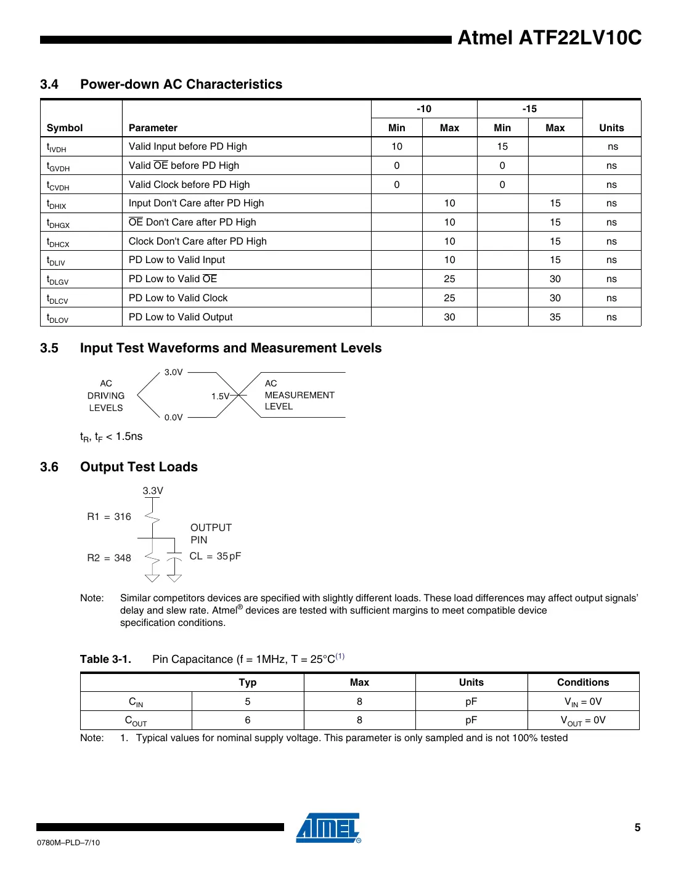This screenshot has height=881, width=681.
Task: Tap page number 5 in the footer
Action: pos(637,827)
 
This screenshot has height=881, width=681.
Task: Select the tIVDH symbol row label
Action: pos(57,147)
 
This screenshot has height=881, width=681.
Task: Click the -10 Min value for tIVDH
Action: pos(396,147)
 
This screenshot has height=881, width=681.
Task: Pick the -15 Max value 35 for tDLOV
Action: pos(555,317)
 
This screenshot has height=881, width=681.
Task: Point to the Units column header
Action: pos(611,128)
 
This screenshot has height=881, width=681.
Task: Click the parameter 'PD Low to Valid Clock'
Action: pos(178,298)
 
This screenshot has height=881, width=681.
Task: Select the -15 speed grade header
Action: pos(529,109)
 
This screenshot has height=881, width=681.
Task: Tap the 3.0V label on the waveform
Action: pos(173,372)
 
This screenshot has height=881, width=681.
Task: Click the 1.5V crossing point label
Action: pos(220,396)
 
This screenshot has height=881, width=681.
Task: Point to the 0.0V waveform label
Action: pos(173,418)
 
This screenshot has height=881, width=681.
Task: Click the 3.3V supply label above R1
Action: pos(153,491)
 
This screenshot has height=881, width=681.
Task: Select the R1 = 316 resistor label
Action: pos(109,517)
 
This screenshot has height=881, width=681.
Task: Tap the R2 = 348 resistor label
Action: pos(109,558)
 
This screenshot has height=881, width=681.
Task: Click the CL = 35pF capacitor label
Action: pos(215,556)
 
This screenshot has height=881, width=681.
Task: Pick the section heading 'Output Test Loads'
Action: pos(139,467)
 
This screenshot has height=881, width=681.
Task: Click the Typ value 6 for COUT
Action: pos(247,720)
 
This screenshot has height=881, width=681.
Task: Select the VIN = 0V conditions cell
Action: pos(583,702)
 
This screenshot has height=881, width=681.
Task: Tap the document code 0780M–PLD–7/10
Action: pos(68,843)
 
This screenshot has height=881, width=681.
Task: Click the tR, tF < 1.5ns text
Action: pos(112,437)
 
